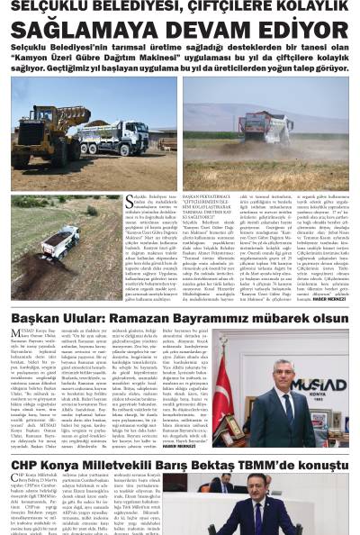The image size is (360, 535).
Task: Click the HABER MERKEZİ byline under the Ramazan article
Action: pos(180,445)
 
